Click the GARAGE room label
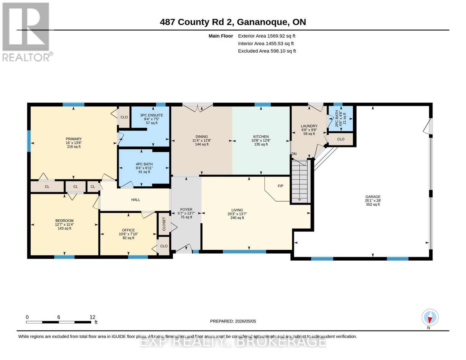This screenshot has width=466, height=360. click(x=373, y=196)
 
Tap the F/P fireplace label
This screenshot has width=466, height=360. click(x=280, y=186)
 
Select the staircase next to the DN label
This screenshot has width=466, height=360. click(x=300, y=181)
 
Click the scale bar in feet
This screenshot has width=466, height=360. click(x=59, y=322)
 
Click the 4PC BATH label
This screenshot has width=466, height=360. click(x=144, y=164)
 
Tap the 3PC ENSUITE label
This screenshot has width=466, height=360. click(x=152, y=115)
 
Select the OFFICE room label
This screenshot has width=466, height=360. click(x=128, y=230)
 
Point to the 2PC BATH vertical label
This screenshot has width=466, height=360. click(x=337, y=118)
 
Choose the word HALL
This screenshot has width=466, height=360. click(x=136, y=200)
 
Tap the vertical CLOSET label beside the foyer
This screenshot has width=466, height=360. click(x=164, y=224)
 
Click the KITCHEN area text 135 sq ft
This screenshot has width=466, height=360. click(x=261, y=144)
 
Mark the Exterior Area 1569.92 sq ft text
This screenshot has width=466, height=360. click(x=266, y=36)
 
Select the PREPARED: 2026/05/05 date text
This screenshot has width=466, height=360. click(x=233, y=321)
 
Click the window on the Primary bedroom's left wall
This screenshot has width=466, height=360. click(x=29, y=141)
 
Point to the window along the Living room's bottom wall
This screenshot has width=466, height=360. click(x=244, y=252)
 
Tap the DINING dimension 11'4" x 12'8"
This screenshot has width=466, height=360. click(x=202, y=140)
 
